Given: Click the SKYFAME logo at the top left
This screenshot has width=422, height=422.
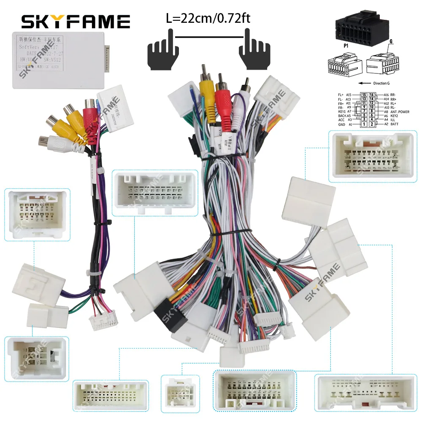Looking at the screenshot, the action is click(76, 22).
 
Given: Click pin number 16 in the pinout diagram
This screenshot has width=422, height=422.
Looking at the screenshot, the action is click(372, 95).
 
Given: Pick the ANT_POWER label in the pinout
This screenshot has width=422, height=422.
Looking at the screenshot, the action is click(400, 112).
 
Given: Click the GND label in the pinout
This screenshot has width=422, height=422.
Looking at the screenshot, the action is click(342, 124).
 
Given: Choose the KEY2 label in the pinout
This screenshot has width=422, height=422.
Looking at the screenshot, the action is click(395, 116).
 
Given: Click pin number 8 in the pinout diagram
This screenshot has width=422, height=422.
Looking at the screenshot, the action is click(372, 111).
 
